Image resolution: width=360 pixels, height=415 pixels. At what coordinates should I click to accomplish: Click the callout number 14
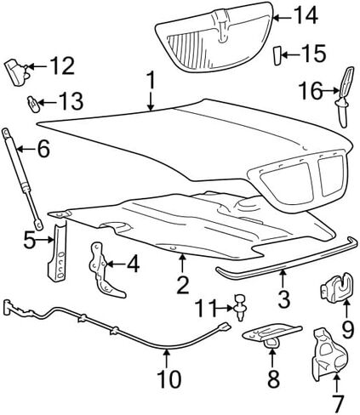coord(306,16)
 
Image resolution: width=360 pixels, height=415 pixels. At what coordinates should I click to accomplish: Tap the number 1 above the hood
coord(151,80)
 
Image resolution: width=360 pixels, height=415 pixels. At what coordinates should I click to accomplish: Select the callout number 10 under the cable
coord(169,378)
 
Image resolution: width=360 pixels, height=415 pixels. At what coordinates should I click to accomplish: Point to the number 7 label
coord(338,403)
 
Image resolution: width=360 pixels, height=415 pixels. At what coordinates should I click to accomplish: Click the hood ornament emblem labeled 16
coord(344,96)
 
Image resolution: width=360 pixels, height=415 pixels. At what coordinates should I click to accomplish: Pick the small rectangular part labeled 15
coord(277,56)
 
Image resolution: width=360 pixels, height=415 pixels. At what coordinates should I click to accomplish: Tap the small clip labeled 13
coord(32,104)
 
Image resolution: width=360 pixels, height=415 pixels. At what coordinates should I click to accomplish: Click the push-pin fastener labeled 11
coord(240,307)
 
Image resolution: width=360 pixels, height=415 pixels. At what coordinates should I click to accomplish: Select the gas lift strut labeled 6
coord(23,179)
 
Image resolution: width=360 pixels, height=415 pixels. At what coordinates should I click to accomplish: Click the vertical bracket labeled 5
coord(58,250)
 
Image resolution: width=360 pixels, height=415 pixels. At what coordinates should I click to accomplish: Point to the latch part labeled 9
coord(337,287)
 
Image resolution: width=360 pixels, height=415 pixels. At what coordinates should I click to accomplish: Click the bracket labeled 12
coord(18,71)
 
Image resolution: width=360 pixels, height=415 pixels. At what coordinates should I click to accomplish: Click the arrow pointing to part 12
coord(37,66)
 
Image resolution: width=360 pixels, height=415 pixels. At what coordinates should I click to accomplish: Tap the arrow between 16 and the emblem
coord(331,91)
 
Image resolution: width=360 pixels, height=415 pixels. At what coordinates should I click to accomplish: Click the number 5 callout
coord(30,240)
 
